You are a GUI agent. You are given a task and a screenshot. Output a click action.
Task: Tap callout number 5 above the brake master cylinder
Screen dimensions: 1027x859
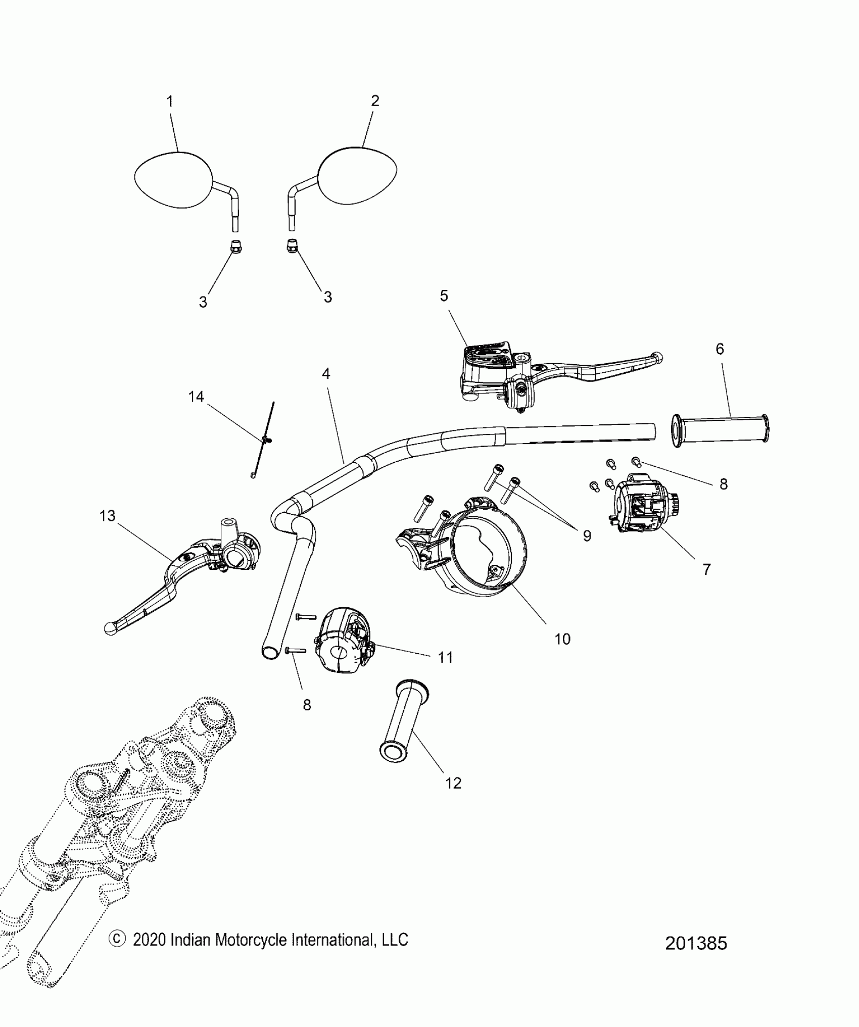click(444, 296)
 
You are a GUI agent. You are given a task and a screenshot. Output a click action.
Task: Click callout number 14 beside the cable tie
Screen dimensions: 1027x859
click(196, 397)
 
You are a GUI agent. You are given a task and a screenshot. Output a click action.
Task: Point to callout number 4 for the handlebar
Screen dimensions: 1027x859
click(326, 374)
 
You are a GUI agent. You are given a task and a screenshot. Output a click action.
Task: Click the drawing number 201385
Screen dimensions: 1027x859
click(696, 943)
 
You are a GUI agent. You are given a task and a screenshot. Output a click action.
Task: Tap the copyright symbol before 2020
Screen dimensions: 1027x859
click(117, 939)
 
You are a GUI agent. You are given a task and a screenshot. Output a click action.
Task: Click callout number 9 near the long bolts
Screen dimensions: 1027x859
click(587, 535)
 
